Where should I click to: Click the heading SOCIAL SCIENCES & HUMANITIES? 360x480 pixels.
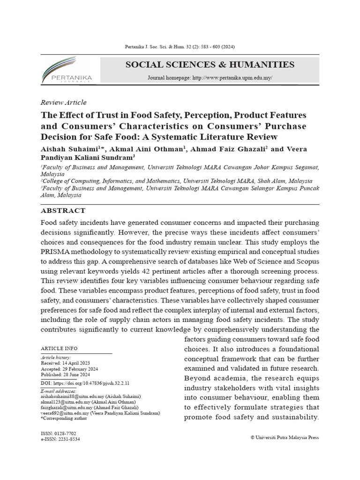point(210,65)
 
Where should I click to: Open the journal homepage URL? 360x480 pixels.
point(232,78)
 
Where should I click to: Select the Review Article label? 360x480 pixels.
point(64,102)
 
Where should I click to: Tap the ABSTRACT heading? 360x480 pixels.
point(63,211)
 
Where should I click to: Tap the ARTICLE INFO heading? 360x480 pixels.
point(60,348)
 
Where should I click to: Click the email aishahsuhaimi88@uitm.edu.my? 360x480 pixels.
point(70,396)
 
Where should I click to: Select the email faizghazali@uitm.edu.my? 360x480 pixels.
point(67,407)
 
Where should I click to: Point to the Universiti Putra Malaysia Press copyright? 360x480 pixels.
point(285,437)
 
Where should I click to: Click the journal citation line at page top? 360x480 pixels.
point(180,47)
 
